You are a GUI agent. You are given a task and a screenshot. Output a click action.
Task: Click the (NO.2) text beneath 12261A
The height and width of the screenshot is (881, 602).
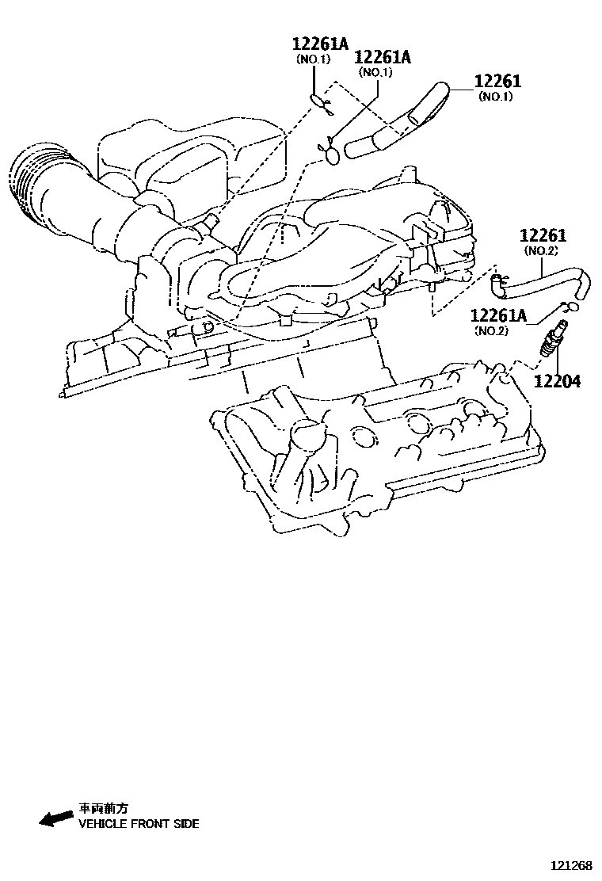[x=491, y=330]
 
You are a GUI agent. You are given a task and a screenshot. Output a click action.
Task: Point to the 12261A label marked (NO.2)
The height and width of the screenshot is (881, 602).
[x=498, y=316]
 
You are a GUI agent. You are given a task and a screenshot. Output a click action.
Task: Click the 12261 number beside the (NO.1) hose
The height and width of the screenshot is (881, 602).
[x=497, y=82]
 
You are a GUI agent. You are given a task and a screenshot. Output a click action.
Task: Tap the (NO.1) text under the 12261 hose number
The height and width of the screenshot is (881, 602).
[x=496, y=97]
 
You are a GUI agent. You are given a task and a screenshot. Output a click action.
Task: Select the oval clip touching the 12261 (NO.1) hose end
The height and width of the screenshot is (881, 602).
[x=334, y=154]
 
